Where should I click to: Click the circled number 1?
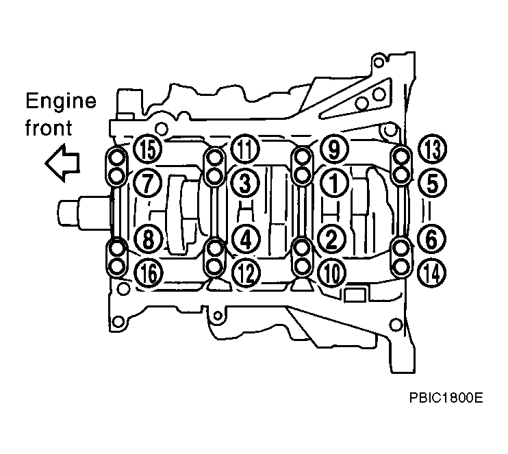point(334,183)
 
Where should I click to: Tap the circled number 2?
point(331,240)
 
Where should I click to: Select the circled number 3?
point(245,183)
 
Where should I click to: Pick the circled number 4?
point(246,240)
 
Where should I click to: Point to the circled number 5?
point(433,184)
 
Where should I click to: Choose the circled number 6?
point(431,240)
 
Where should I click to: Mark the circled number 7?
point(147,183)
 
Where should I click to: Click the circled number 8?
point(148,240)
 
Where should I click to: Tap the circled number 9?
point(334,149)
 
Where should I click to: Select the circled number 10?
point(332,273)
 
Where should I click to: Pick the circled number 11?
point(245,149)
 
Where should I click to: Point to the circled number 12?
point(246,273)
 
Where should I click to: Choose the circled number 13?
point(433,149)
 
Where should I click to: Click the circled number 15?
point(147,149)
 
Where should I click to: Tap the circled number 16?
point(149,273)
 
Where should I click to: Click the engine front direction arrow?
point(62,163)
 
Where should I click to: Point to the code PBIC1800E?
point(446,398)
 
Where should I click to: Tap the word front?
point(49,127)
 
